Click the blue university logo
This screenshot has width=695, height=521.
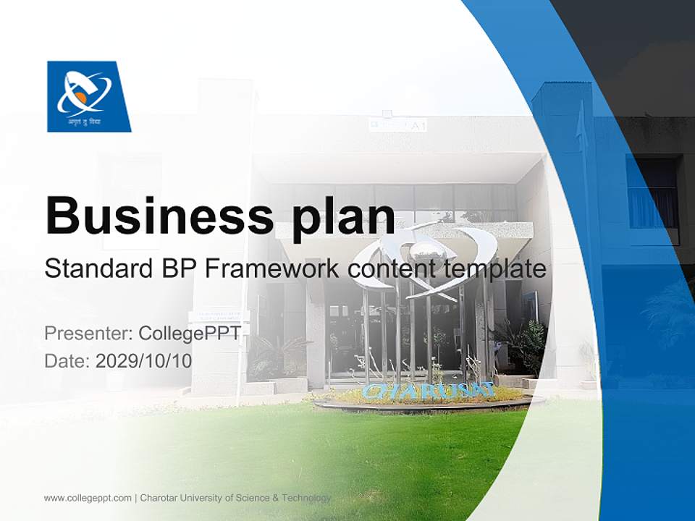88,96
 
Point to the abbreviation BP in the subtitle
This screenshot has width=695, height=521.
174,269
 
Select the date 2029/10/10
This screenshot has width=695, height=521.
144,360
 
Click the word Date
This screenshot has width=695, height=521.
66,360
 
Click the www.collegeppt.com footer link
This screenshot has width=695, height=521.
88,498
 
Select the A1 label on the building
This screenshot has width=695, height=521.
418,126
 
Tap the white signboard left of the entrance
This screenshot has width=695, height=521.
218,315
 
